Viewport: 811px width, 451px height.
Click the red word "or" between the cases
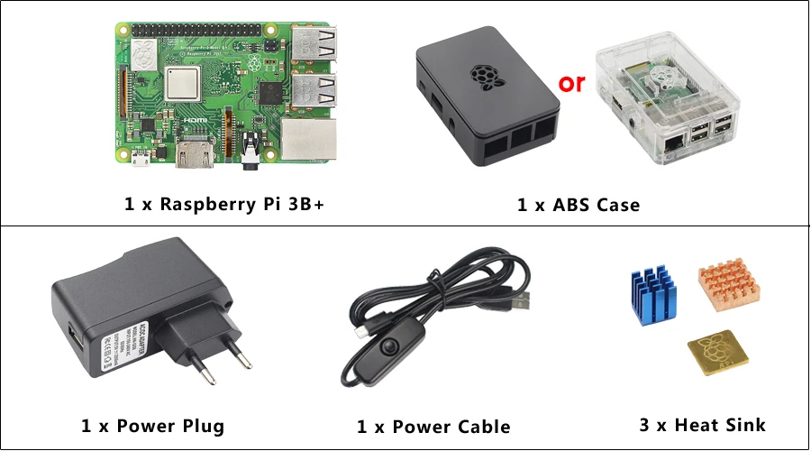click(x=572, y=84)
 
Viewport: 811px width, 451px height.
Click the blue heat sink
click(x=652, y=297)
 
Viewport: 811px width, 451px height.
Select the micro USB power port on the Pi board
click(x=141, y=163)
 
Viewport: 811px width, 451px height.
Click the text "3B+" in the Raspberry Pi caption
click(x=303, y=204)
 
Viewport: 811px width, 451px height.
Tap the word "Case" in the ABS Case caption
click(x=616, y=205)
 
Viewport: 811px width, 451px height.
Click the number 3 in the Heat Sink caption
click(x=645, y=424)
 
